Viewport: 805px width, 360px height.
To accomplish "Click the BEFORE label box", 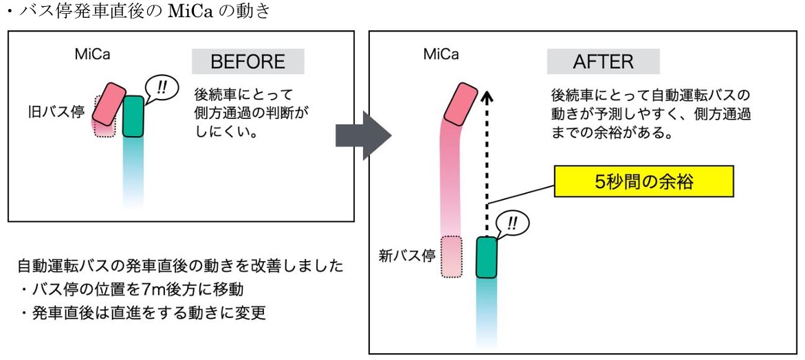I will (x=247, y=62).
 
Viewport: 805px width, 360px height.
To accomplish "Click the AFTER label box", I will (x=603, y=62).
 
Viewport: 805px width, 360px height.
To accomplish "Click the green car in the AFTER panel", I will (x=487, y=257).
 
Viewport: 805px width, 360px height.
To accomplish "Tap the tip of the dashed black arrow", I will (x=487, y=93).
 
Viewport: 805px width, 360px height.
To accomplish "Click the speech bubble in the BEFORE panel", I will (x=161, y=88).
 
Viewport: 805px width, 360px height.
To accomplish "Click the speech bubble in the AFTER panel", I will (x=514, y=224).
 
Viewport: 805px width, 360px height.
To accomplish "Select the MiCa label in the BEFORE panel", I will (x=92, y=55).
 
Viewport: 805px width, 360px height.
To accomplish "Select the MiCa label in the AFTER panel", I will (x=441, y=55).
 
